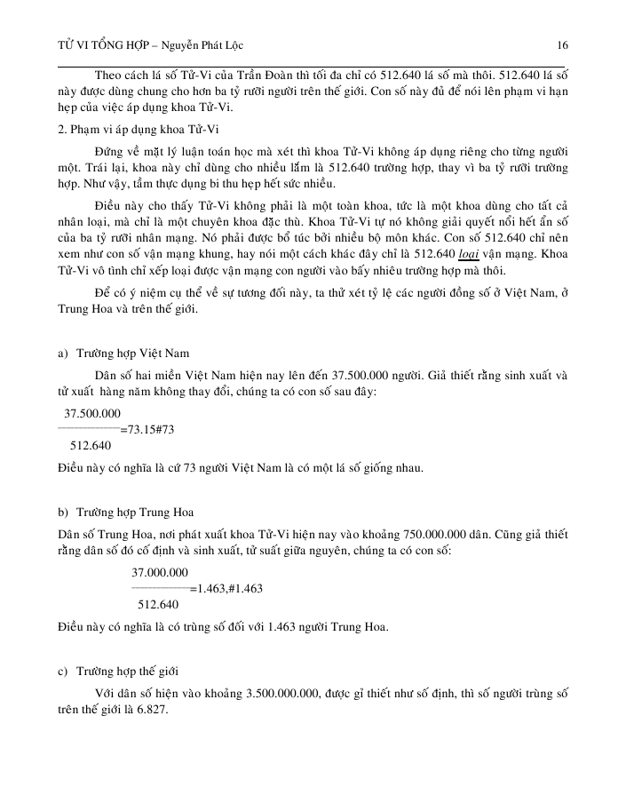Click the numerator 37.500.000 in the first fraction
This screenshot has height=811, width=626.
(x=93, y=414)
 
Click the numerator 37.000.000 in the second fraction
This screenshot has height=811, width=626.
(x=159, y=572)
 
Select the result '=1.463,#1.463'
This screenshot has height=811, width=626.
(x=226, y=588)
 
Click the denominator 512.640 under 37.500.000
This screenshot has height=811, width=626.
(x=91, y=445)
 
